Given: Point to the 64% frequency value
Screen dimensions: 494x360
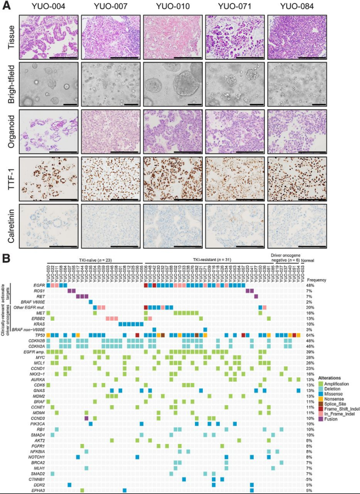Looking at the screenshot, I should pyautogui.click(x=311, y=334).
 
